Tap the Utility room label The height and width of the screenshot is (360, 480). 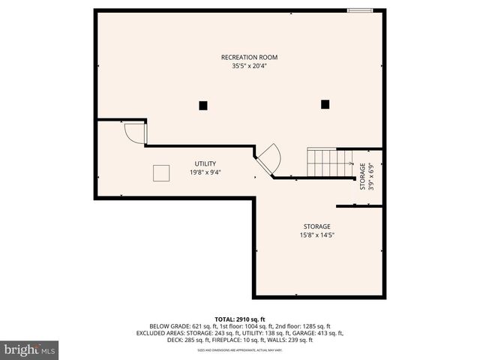coord(205,163)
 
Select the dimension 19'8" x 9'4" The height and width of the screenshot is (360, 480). coord(205,172)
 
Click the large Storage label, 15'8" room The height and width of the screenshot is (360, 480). coord(316,226)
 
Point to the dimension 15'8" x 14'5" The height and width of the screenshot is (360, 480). coord(316,235)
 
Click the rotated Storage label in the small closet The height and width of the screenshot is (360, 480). coord(362,177)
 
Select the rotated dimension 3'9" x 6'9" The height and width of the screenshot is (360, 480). coord(370,177)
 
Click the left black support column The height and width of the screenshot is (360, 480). coord(202,106)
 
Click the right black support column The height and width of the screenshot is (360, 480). coord(325,104)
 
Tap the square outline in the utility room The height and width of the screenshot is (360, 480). coord(162,173)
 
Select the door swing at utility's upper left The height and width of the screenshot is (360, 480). coord(135,133)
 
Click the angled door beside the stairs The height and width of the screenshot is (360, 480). coord(268,158)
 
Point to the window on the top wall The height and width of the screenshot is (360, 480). coord(359,10)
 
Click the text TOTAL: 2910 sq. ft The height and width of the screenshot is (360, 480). coord(239,319)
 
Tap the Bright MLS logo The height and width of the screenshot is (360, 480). coord(30,349)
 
